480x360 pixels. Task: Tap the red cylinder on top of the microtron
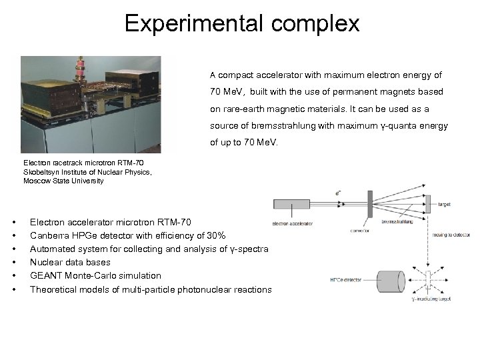tap(85, 69)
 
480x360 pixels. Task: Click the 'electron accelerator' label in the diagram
tap(293, 223)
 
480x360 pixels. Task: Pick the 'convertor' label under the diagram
tap(359, 231)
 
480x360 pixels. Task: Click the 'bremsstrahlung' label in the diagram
tap(397, 222)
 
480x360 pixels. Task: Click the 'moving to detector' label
tap(452, 235)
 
